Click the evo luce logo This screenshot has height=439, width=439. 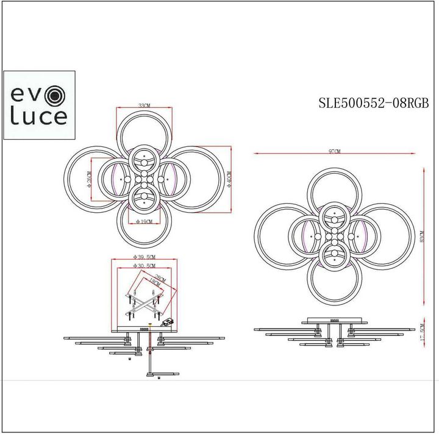40,105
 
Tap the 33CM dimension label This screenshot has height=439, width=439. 144,105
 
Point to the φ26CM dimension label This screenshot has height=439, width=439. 89,180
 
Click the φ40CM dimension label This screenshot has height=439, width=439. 229,180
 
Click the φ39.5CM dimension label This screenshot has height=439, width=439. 144,257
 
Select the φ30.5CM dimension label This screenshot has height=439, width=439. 144,266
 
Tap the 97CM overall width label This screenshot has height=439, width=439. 334,151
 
